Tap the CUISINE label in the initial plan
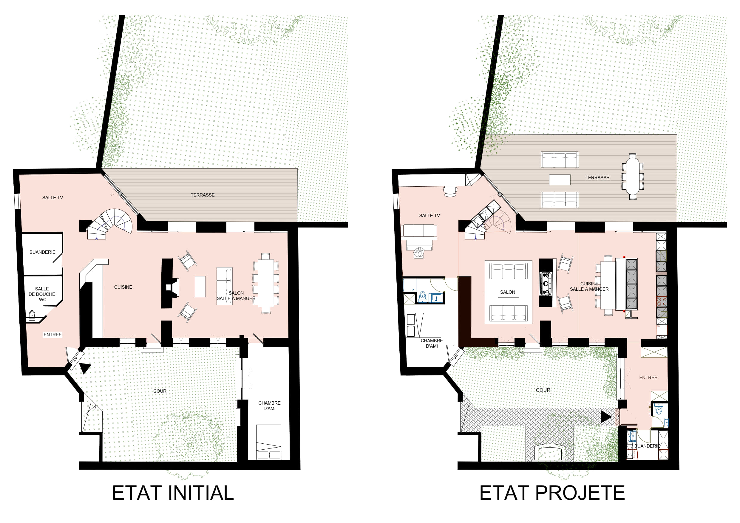coord(123,287)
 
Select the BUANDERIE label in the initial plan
coord(42,252)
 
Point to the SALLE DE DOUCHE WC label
coord(42,294)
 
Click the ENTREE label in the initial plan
coord(52,335)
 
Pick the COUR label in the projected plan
coord(543,390)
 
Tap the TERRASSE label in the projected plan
coord(597,178)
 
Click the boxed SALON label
coord(508,292)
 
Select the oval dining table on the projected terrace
coord(633,176)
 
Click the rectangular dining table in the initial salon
coord(266,283)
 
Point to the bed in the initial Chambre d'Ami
coord(268,442)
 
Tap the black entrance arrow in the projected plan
coord(606,417)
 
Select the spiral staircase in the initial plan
coord(110,224)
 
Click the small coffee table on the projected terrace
coord(560,180)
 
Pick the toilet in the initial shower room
coord(32,315)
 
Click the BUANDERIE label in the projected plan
coord(647,446)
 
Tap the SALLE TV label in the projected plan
coord(429,216)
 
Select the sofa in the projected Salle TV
coord(419,232)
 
